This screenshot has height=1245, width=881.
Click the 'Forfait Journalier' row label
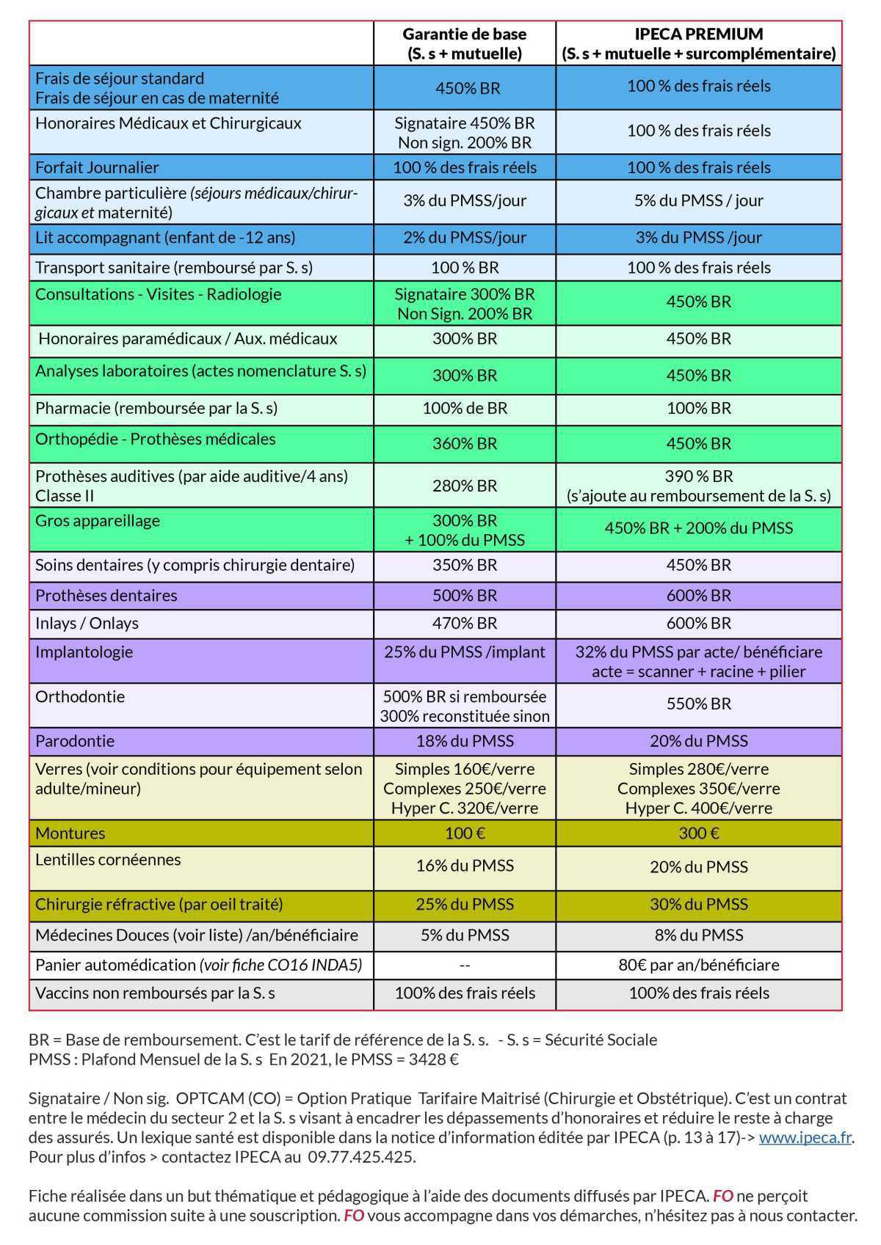pos(97,167)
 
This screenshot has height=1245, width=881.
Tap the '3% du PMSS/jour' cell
pos(464,200)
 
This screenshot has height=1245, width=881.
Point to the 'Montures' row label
pos(70,833)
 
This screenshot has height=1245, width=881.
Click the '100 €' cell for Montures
pos(464,833)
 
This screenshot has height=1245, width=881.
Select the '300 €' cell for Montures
pos(698,833)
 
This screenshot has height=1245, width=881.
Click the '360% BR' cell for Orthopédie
pos(464,443)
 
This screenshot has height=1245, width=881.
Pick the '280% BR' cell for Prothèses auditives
pos(464,485)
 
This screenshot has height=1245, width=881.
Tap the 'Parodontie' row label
pos(75,740)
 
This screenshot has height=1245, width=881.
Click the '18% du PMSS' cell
pos(464,740)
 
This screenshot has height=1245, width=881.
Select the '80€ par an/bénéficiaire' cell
pos(698,964)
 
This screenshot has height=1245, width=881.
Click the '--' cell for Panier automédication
pos(464,964)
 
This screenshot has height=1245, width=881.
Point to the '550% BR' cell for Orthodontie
pos(698,704)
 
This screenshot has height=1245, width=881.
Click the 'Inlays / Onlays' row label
pos(87,623)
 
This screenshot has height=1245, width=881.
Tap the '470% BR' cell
pos(464,623)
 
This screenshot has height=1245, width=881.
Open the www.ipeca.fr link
pos(805,1138)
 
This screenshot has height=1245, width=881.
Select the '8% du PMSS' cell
pos(698,935)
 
